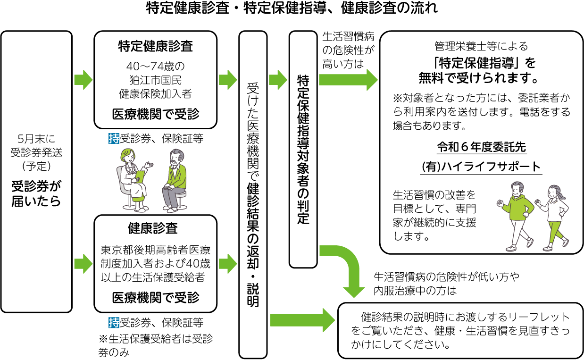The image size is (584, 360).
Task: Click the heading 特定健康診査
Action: (x=155, y=46)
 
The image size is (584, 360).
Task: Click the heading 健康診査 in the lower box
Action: (x=155, y=228)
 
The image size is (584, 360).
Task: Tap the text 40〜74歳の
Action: (x=155, y=66)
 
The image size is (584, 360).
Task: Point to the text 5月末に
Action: (x=36, y=139)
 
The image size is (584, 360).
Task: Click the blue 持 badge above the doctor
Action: (x=114, y=139)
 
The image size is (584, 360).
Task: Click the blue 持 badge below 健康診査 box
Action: (x=114, y=323)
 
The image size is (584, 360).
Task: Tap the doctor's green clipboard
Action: (x=140, y=176)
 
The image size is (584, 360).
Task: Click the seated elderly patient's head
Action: (x=177, y=157)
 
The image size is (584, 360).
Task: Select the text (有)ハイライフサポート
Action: (x=481, y=167)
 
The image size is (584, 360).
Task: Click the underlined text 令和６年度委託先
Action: (x=481, y=147)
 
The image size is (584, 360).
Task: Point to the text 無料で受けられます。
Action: (x=481, y=76)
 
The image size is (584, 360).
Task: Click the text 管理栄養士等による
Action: (x=481, y=46)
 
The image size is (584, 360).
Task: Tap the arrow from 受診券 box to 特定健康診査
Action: (x=83, y=79)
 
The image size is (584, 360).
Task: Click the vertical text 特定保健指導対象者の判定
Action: (x=303, y=148)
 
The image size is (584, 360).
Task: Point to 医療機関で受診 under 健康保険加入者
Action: (x=155, y=114)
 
